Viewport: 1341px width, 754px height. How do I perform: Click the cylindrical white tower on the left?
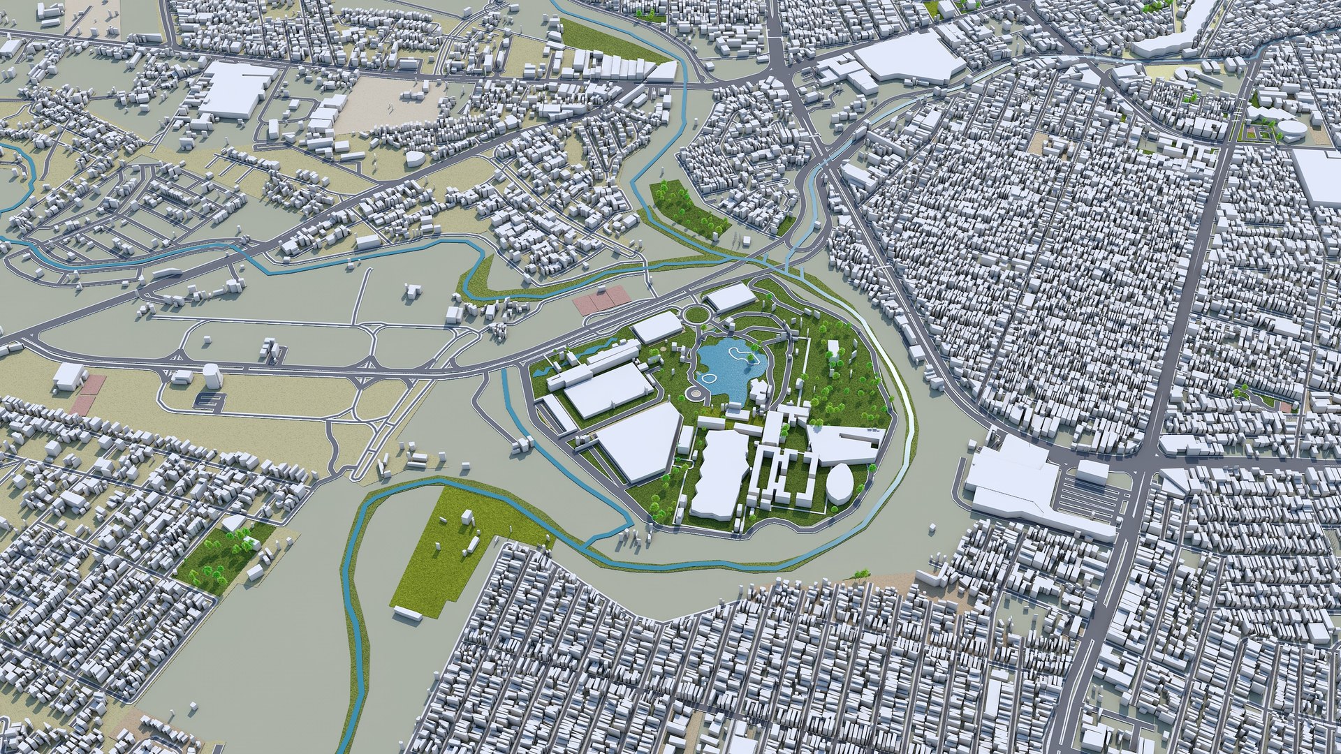pyautogui.click(x=211, y=376)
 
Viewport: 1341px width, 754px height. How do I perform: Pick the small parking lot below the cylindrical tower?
pyautogui.click(x=209, y=401)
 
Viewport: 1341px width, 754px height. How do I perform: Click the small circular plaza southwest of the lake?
pyautogui.click(x=694, y=395)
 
